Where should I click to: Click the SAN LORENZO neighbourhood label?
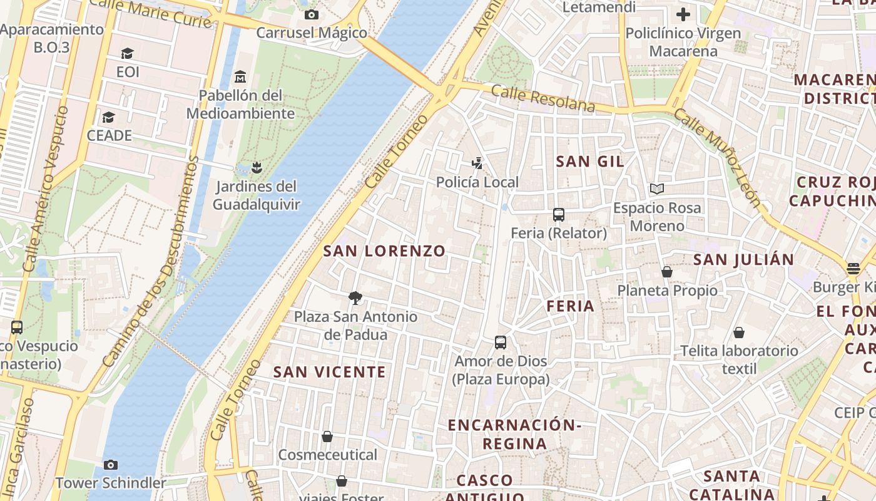pyautogui.click(x=384, y=251)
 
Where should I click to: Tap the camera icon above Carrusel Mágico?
pyautogui.click(x=311, y=14)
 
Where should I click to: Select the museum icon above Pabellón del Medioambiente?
pyautogui.click(x=240, y=77)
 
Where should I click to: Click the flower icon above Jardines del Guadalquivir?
pyautogui.click(x=255, y=167)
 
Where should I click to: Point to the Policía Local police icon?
pyautogui.click(x=477, y=163)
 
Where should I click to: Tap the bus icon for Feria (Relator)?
pyautogui.click(x=559, y=215)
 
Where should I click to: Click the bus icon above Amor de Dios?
pyautogui.click(x=501, y=343)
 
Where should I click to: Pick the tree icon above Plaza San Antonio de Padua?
pyautogui.click(x=355, y=297)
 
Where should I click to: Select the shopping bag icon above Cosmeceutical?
pyautogui.click(x=327, y=436)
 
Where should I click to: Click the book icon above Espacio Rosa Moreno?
pyautogui.click(x=656, y=189)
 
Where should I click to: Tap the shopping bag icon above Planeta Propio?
pyautogui.click(x=667, y=272)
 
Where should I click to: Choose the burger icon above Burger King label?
pyautogui.click(x=853, y=269)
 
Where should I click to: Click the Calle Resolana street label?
pyautogui.click(x=542, y=98)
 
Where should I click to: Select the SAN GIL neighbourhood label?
pyautogui.click(x=590, y=162)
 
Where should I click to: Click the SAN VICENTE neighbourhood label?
pyautogui.click(x=330, y=372)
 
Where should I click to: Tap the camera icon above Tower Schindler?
pyautogui.click(x=111, y=465)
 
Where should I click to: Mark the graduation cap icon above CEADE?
pyautogui.click(x=109, y=117)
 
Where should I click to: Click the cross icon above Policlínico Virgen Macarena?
pyautogui.click(x=683, y=14)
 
